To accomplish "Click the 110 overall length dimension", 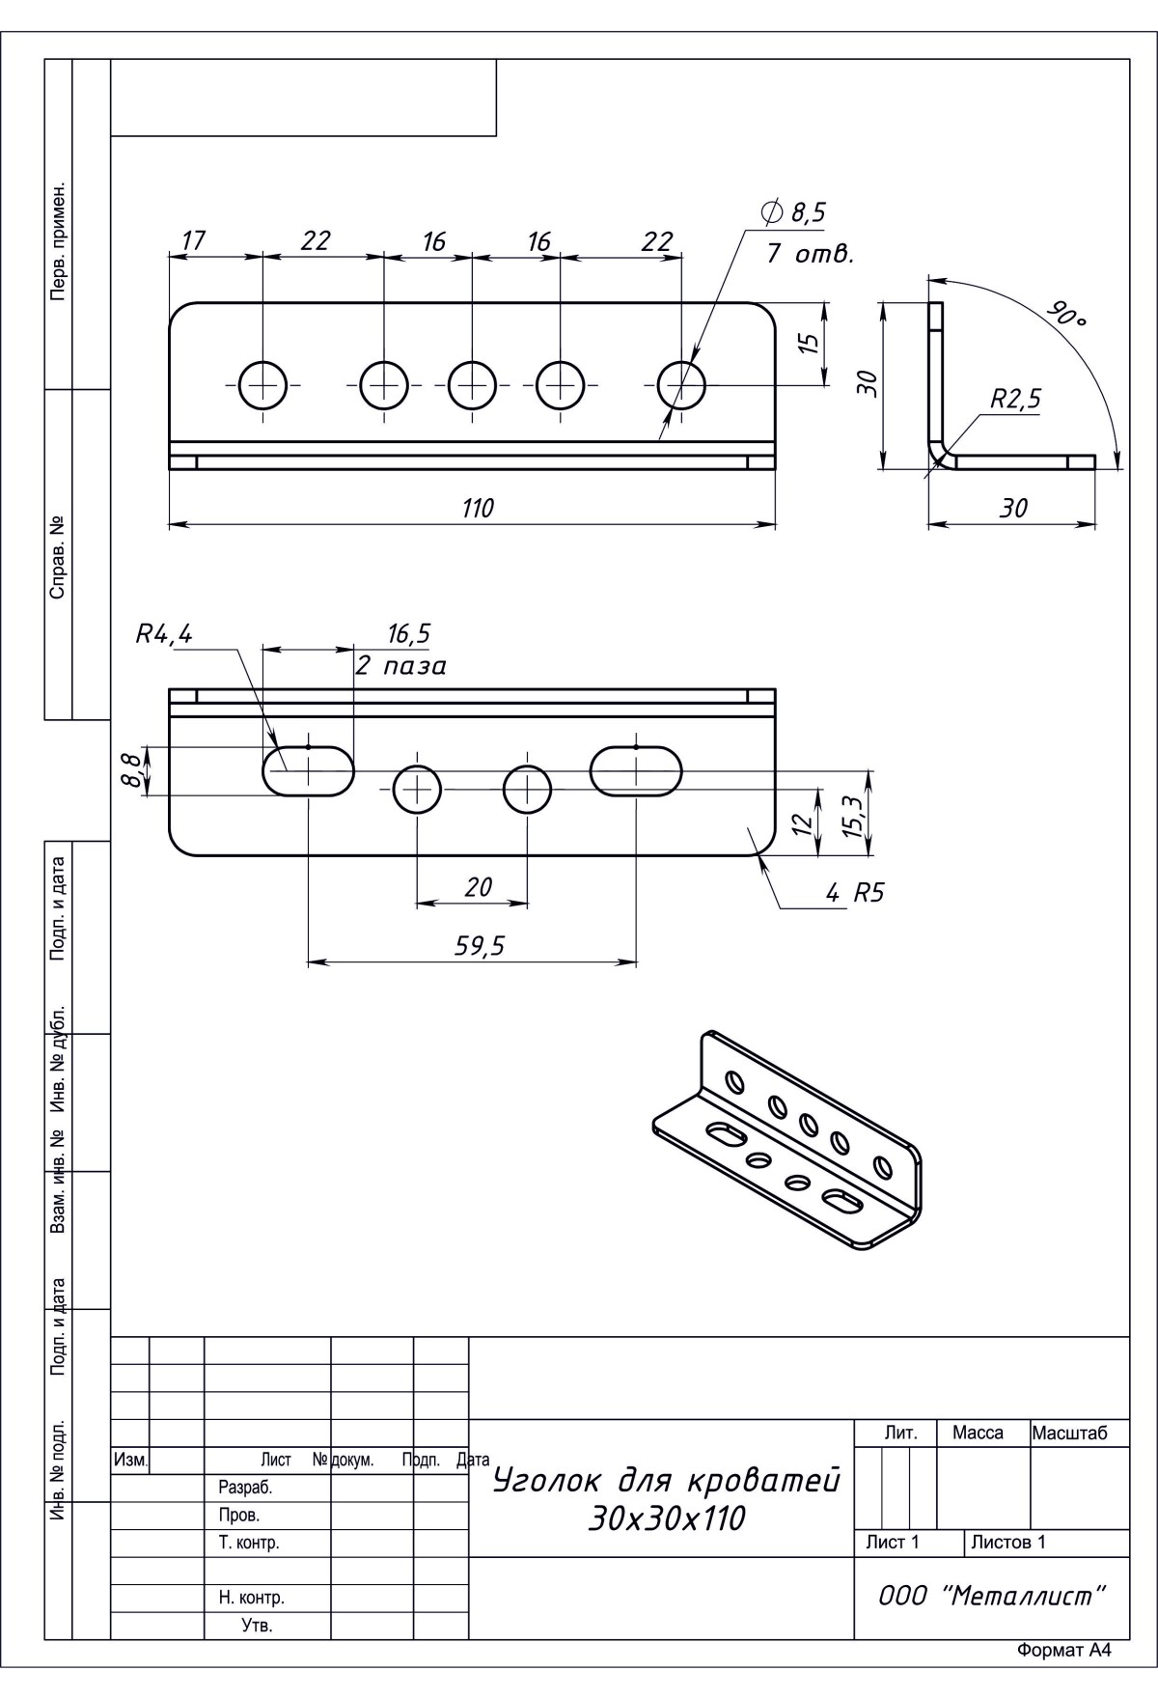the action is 478,508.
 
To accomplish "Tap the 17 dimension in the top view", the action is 194,240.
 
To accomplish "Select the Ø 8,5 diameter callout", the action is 794,212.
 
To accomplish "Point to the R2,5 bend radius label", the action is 1015,400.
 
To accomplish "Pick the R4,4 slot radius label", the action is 164,634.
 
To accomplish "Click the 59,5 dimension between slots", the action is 480,946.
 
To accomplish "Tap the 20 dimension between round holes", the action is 479,887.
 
